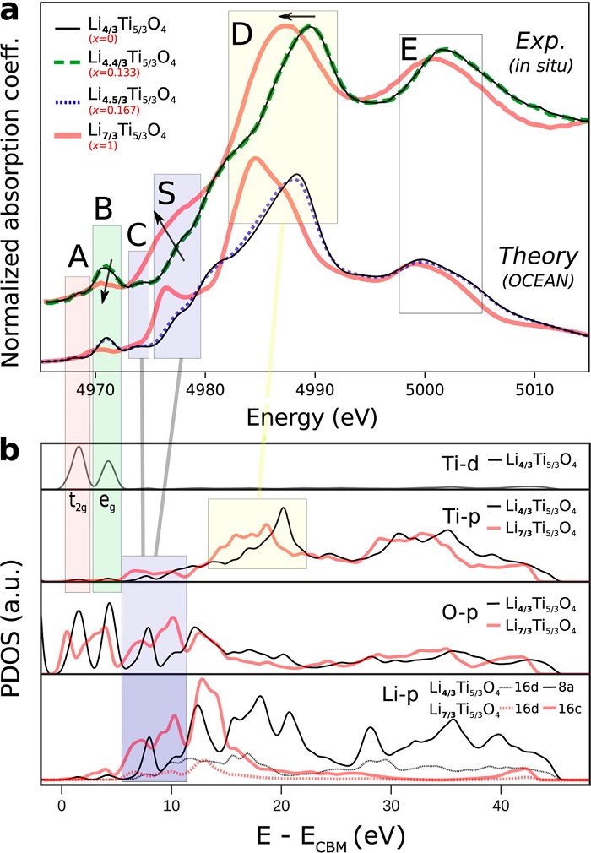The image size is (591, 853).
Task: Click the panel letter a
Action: point(11,14)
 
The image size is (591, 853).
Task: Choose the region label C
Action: point(137,234)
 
